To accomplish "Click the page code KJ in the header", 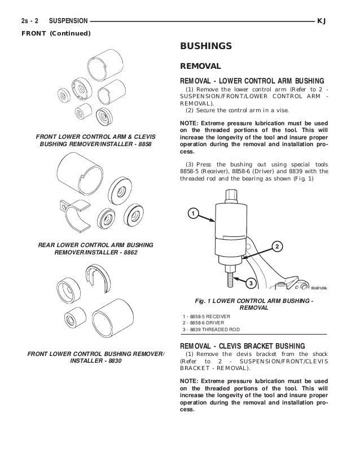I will point(323,21).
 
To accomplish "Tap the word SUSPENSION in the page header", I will point(69,21).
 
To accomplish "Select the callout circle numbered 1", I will point(192,214).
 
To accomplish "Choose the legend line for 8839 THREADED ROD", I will point(207,329).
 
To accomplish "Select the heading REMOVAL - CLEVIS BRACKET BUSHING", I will point(243,345).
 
